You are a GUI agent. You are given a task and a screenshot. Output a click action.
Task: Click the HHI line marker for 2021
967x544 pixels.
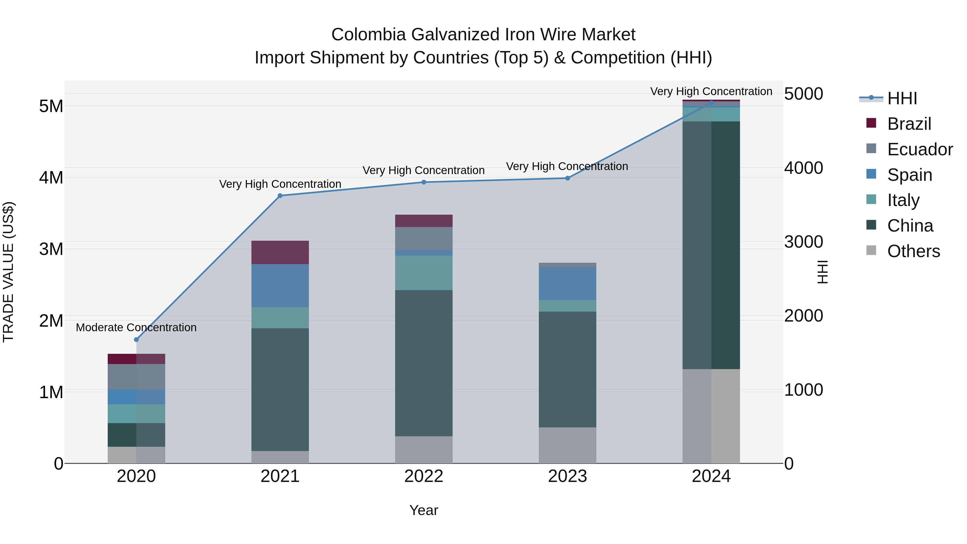[280, 196]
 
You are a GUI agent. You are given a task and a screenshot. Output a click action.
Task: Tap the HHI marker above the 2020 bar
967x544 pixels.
[136, 339]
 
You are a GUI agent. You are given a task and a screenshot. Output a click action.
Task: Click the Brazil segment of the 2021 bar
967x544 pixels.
[280, 252]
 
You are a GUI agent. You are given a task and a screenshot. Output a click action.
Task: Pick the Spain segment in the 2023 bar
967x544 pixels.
[568, 283]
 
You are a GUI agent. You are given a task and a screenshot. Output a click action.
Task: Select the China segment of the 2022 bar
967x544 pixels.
[424, 363]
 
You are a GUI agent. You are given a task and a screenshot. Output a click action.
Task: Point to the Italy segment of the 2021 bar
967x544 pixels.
[280, 318]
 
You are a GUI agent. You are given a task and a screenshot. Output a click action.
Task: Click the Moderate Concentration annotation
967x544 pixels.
[136, 327]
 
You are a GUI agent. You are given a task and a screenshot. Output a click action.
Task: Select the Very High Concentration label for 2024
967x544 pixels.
[711, 91]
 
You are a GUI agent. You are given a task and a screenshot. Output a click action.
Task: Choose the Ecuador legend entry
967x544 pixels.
[920, 149]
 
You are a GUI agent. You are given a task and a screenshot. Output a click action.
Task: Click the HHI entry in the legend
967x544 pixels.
[902, 98]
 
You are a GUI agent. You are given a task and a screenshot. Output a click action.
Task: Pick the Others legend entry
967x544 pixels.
[913, 251]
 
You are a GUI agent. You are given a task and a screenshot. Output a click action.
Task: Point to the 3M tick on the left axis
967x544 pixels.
[51, 249]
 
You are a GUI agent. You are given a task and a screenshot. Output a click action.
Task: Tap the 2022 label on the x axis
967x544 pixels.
[424, 476]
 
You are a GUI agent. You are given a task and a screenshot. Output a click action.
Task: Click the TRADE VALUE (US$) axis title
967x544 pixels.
[8, 272]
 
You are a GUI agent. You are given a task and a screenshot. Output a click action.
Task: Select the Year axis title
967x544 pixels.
[424, 510]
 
